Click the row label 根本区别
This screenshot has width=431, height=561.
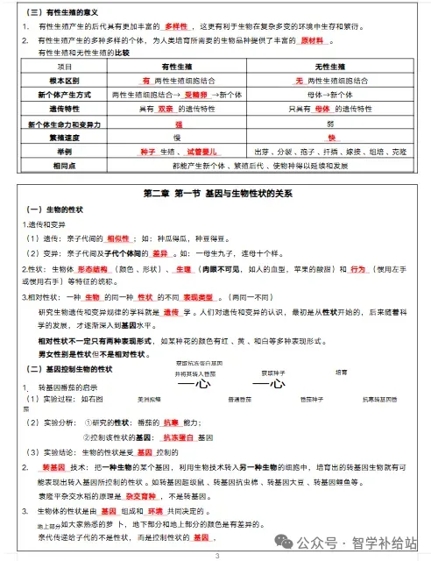pos(58,80)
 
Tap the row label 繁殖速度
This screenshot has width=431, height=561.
pos(58,138)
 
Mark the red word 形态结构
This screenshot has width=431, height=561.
pos(93,268)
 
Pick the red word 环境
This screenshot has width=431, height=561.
pos(154,509)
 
